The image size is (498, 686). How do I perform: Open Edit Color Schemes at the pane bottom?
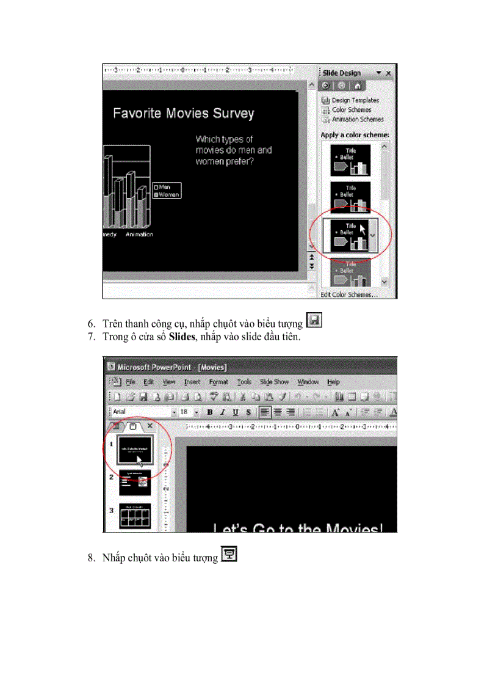click(349, 294)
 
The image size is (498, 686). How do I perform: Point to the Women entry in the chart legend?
click(168, 195)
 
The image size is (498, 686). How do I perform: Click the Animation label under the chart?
click(139, 234)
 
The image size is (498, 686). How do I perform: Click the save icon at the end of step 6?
click(314, 321)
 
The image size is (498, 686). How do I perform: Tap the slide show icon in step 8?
click(229, 554)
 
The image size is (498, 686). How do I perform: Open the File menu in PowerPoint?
click(130, 382)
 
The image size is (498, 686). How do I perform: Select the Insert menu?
click(192, 382)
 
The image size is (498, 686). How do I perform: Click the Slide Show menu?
click(274, 382)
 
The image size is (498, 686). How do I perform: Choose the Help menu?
click(333, 382)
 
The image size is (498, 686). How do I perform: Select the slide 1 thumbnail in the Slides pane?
click(134, 450)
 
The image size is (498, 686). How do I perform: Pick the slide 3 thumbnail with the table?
click(134, 516)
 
